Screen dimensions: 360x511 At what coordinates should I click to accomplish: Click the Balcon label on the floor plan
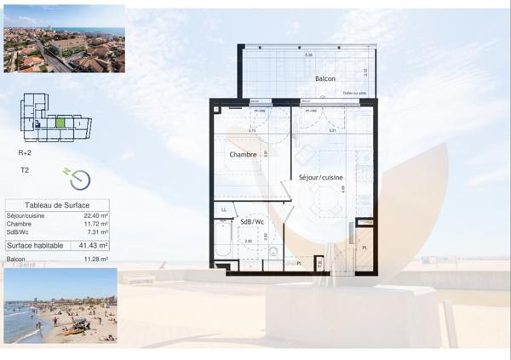coord(324,78)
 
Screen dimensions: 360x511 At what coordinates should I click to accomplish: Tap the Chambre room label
coord(243,154)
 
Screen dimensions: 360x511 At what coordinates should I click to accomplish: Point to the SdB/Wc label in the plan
coord(251,222)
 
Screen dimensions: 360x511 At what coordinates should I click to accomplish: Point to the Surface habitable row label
coord(38,245)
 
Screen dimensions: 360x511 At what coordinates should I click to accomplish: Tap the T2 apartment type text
coord(26,169)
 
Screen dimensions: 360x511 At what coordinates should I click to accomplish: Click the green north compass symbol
coord(78,179)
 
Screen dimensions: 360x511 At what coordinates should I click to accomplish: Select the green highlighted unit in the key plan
coord(60,122)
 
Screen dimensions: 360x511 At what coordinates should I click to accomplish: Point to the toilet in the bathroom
coord(273,252)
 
